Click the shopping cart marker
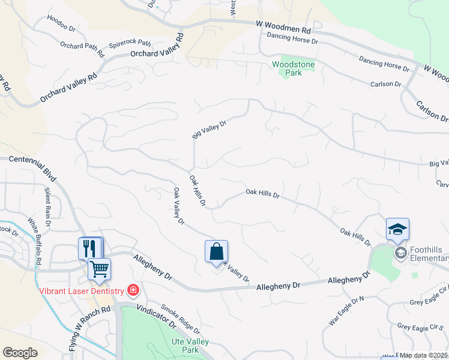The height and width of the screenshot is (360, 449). (99, 268)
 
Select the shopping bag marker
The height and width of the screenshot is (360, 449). (216, 251)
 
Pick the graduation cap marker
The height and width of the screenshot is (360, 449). (397, 229)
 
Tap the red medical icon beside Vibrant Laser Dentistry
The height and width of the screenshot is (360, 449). (133, 291)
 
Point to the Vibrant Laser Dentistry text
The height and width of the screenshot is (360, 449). (82, 291)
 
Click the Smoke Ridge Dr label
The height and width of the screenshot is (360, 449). (180, 318)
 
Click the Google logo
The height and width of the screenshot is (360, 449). (20, 352)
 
